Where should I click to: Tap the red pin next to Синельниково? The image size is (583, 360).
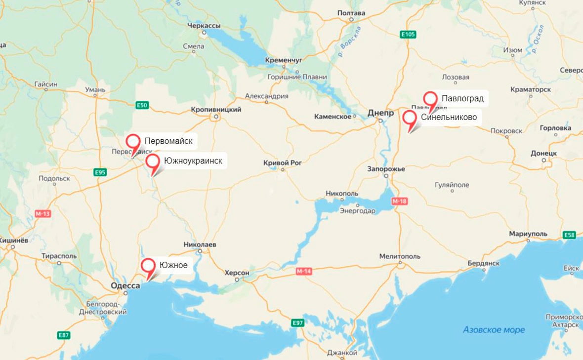409,118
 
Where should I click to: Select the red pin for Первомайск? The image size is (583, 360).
133,142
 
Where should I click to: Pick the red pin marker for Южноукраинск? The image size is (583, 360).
153,161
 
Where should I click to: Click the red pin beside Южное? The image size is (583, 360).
148,266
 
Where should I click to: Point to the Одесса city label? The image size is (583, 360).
125,285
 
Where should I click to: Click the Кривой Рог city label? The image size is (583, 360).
283,162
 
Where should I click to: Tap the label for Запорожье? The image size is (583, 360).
386,169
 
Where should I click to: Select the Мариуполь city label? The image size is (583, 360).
528,234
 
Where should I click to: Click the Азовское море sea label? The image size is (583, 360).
494,329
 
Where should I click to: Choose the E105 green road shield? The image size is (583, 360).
408,34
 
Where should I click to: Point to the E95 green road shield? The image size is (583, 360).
100,172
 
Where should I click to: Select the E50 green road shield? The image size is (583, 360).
142,105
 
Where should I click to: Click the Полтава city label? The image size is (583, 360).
351,13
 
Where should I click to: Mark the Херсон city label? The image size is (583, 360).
237,273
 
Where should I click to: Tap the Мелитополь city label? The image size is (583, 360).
400,256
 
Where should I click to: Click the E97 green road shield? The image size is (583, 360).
297,323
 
